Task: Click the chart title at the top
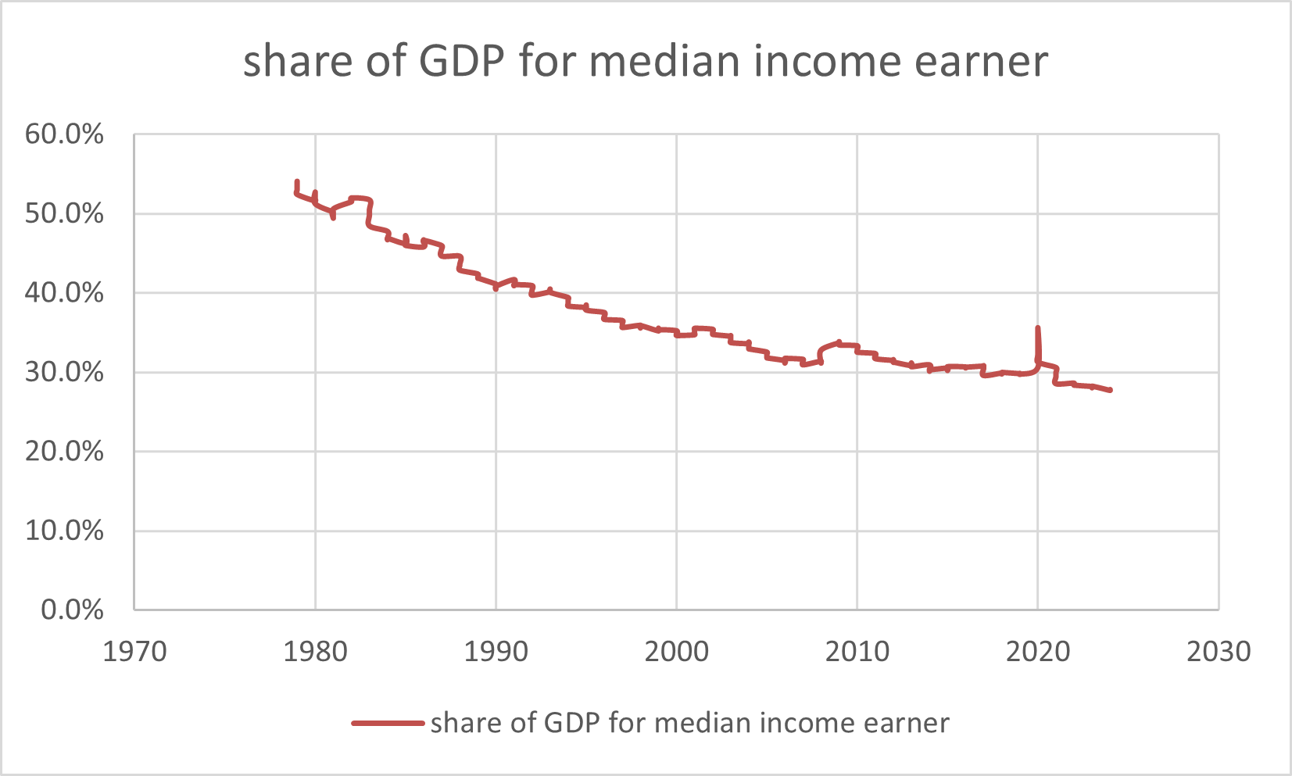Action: [646, 62]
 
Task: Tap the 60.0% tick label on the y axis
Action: [64, 134]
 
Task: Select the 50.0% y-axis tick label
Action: [64, 213]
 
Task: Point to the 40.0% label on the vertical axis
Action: [64, 293]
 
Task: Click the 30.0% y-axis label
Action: [64, 372]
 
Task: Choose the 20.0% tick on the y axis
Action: [64, 451]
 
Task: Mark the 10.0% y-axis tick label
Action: [64, 531]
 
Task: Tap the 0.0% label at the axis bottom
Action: [72, 610]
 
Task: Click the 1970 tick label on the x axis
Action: [134, 651]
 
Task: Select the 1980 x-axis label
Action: [315, 651]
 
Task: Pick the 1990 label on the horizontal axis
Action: [496, 651]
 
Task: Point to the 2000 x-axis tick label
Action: [676, 651]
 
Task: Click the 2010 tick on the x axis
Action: [857, 651]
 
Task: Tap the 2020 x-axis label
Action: [1037, 651]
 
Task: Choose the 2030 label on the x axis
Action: [1218, 651]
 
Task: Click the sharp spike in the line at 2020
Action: [1037, 330]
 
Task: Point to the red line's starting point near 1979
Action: [297, 183]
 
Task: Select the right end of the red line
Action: [1110, 390]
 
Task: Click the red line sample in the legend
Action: [388, 723]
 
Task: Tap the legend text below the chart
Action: [689, 723]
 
